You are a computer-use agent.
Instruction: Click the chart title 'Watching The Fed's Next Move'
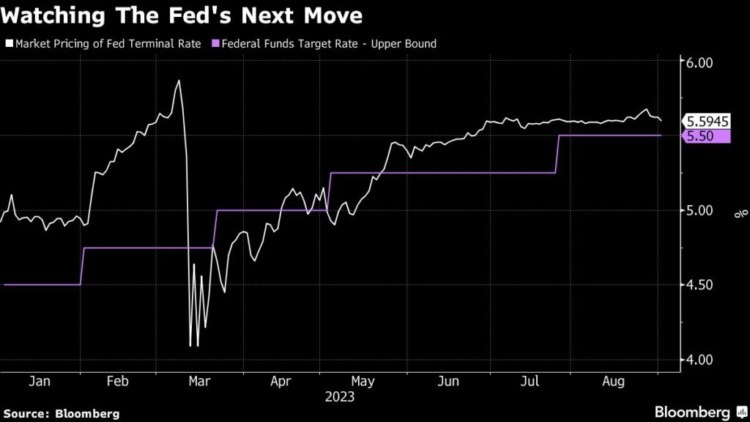click(183, 15)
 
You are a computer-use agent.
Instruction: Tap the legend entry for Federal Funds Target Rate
click(326, 44)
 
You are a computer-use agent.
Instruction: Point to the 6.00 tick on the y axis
click(699, 63)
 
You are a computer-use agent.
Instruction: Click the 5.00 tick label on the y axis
click(699, 211)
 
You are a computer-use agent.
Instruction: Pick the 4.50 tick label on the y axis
click(699, 285)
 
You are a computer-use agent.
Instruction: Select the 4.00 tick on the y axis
click(699, 360)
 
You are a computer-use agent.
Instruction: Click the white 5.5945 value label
click(706, 122)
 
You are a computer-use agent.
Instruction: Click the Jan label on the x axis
click(40, 382)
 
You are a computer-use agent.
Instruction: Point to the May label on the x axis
click(363, 382)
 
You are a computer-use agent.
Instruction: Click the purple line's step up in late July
click(557, 154)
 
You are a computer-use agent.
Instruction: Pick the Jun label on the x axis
click(448, 382)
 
